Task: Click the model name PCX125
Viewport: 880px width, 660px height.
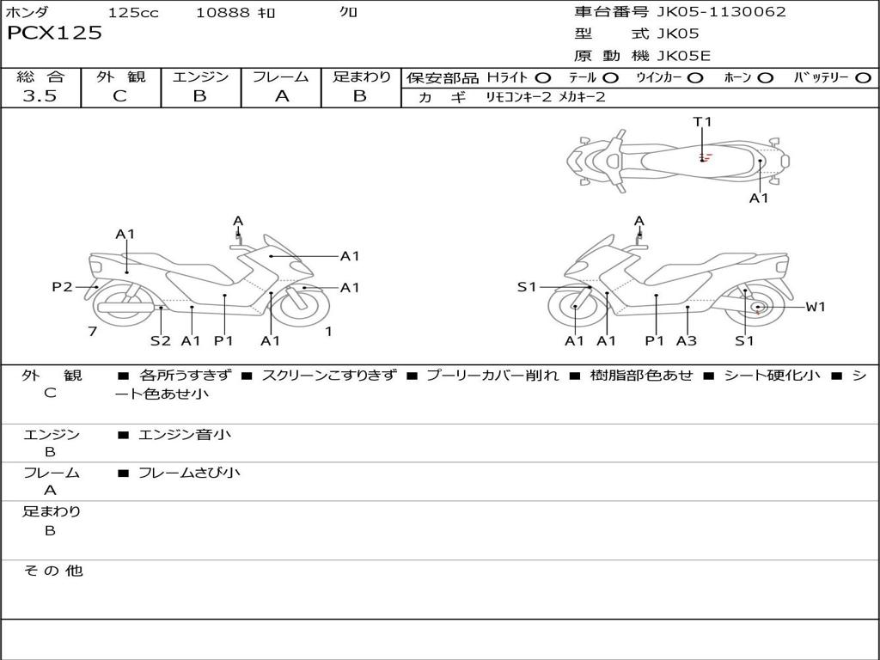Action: point(54,33)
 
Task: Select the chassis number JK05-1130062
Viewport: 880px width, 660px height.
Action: point(721,11)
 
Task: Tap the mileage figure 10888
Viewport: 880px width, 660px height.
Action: point(223,12)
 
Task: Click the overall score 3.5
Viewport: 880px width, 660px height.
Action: point(40,95)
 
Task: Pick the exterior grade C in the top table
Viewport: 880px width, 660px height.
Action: point(119,96)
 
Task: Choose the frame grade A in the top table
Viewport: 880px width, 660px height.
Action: point(282,96)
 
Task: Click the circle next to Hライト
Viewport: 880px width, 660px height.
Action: point(543,77)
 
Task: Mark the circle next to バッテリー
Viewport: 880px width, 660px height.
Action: point(863,77)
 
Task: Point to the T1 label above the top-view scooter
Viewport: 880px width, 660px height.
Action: point(702,121)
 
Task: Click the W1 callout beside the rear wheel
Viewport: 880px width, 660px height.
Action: point(816,307)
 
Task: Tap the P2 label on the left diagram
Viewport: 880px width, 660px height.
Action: point(62,287)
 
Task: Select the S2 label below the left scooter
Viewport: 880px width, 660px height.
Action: point(161,340)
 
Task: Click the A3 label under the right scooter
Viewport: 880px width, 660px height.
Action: point(687,340)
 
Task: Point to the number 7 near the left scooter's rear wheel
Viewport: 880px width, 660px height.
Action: point(93,331)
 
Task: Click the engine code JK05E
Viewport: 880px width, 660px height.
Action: point(683,56)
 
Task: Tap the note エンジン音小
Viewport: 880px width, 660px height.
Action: point(184,434)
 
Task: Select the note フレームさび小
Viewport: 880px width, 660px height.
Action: point(189,473)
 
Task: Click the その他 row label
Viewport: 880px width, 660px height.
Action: point(52,571)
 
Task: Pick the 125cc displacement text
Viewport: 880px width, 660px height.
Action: point(133,12)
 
